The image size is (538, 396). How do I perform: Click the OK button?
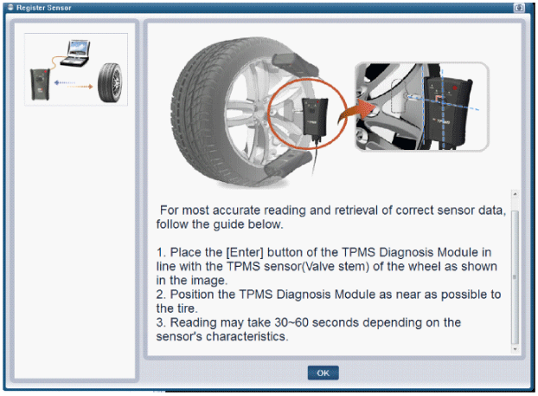(x=323, y=373)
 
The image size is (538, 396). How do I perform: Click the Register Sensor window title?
(x=43, y=8)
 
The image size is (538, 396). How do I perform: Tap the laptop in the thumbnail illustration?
(x=76, y=53)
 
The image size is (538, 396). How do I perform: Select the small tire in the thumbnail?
(x=110, y=82)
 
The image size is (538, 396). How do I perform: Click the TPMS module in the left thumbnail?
(x=40, y=84)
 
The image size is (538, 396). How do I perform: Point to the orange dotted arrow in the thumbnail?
(x=80, y=87)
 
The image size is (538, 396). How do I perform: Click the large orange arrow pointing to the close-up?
(x=355, y=111)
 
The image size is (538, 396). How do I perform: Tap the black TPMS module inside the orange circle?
(x=314, y=117)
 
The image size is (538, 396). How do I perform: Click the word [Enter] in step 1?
(x=244, y=252)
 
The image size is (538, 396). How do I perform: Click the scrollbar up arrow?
(x=515, y=194)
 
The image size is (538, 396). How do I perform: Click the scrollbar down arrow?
(x=515, y=349)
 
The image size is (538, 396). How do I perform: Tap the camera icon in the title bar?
(x=519, y=8)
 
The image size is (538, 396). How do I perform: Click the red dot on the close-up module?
(x=455, y=88)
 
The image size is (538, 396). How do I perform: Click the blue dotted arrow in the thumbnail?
(x=65, y=82)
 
